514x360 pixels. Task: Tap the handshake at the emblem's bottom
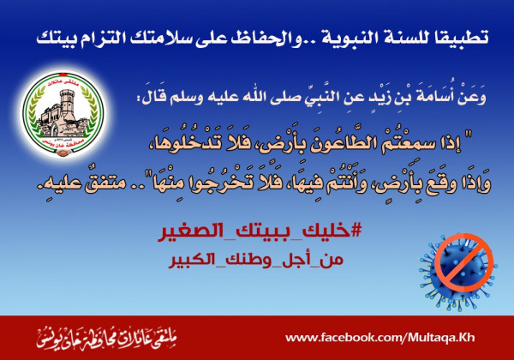click(x=63, y=152)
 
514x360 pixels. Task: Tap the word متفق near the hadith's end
click(x=100, y=183)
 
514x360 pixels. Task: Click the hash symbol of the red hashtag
click(x=356, y=231)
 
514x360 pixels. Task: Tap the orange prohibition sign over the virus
click(x=463, y=262)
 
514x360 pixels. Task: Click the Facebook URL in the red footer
click(x=380, y=338)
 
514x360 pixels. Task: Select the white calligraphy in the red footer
click(x=106, y=339)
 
